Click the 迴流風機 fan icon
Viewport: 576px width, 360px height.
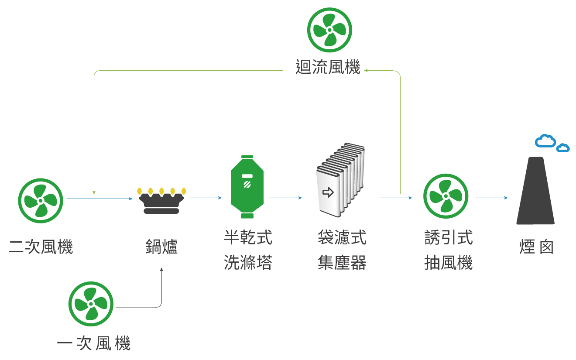pyautogui.click(x=329, y=30)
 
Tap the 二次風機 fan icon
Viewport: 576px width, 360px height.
pyautogui.click(x=41, y=201)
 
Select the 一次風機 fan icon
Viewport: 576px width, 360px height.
pyautogui.click(x=91, y=304)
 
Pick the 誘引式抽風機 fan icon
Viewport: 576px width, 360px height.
pyautogui.click(x=446, y=196)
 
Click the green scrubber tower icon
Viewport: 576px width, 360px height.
pyautogui.click(x=247, y=187)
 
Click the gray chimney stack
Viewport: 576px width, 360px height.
pyautogui.click(x=535, y=192)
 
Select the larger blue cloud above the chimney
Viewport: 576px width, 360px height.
pyautogui.click(x=545, y=141)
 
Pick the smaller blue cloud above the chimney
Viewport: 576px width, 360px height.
pyautogui.click(x=563, y=148)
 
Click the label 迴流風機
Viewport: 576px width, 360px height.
pyautogui.click(x=328, y=68)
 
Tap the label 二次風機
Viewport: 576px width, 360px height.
pyautogui.click(x=41, y=247)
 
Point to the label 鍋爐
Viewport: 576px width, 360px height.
pyautogui.click(x=161, y=247)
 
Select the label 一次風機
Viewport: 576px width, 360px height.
pyautogui.click(x=94, y=343)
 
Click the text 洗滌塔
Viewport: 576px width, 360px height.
pyautogui.click(x=248, y=263)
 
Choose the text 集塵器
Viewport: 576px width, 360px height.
pyautogui.click(x=342, y=263)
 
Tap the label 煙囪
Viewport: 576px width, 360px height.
pyautogui.click(x=536, y=247)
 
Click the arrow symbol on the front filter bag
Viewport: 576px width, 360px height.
pyautogui.click(x=328, y=192)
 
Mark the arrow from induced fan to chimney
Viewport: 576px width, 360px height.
pyautogui.click(x=491, y=198)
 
